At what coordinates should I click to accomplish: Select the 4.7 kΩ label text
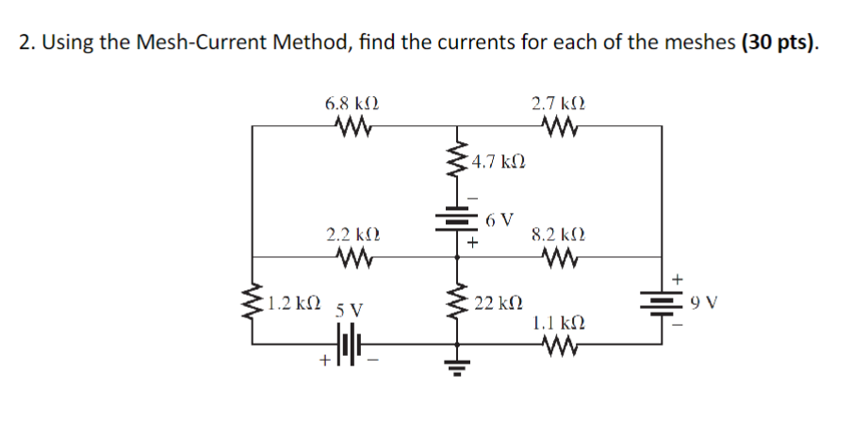click(x=500, y=161)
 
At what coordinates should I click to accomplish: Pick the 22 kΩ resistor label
click(x=500, y=302)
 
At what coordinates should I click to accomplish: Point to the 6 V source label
click(x=501, y=220)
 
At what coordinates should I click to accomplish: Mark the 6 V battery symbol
click(x=459, y=222)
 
